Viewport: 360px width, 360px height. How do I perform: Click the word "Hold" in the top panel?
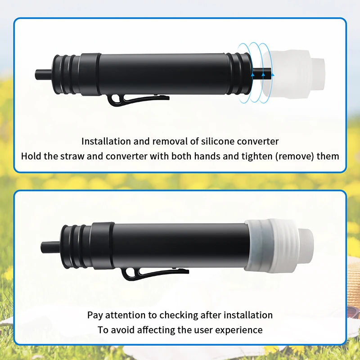click(32, 157)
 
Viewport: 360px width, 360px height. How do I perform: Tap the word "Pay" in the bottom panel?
click(95, 315)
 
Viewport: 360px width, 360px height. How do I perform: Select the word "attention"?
click(126, 315)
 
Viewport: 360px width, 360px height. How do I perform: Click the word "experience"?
click(238, 330)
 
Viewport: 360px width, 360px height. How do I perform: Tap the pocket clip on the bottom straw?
click(153, 273)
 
